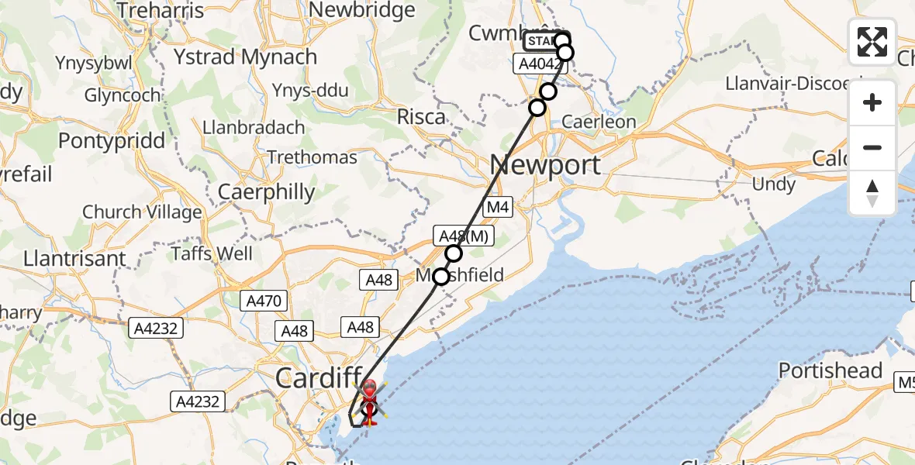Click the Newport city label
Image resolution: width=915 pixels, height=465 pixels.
click(x=545, y=164)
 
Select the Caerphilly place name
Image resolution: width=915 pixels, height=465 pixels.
click(x=267, y=191)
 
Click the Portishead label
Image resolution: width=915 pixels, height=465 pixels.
click(x=830, y=370)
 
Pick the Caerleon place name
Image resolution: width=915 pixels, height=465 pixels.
click(x=599, y=122)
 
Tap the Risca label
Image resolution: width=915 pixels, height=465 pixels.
click(x=422, y=117)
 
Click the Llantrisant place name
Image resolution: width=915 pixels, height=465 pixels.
click(x=74, y=258)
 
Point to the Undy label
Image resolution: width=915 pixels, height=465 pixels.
click(x=774, y=184)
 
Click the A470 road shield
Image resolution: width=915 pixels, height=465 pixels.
click(x=265, y=301)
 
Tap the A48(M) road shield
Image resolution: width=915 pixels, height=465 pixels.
click(x=464, y=236)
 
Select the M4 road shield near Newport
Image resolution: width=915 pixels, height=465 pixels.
click(x=496, y=208)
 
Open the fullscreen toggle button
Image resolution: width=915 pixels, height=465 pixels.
click(x=872, y=41)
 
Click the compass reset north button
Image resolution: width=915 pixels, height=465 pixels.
click(x=872, y=193)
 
